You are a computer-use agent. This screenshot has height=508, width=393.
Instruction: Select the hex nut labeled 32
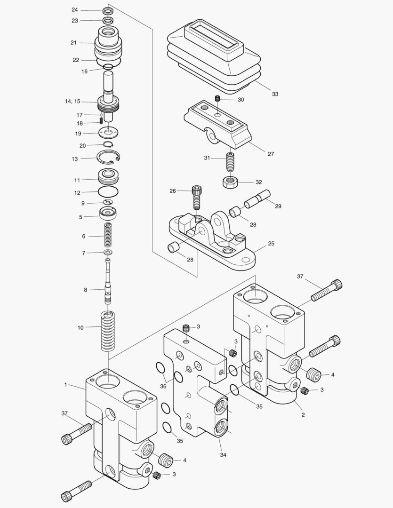pyautogui.click(x=230, y=181)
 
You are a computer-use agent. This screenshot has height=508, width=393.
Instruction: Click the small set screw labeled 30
pyautogui.click(x=217, y=99)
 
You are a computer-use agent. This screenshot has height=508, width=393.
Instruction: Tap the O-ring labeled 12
pyautogui.click(x=108, y=191)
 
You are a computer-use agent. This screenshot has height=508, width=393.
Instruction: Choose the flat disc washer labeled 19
pyautogui.click(x=108, y=133)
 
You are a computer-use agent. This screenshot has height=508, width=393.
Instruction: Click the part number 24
pyautogui.click(x=75, y=10)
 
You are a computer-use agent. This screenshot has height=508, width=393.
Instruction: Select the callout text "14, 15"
pyautogui.click(x=72, y=101)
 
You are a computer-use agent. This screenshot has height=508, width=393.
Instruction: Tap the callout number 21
pyautogui.click(x=73, y=43)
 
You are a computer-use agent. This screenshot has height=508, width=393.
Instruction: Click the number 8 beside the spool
pyautogui.click(x=86, y=290)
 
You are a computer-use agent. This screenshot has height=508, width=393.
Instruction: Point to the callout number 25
pyautogui.click(x=271, y=244)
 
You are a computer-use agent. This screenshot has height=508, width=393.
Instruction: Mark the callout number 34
pyautogui.click(x=223, y=455)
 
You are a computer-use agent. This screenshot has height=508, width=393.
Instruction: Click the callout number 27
pyautogui.click(x=271, y=154)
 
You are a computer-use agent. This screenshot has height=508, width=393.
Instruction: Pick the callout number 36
pyautogui.click(x=163, y=386)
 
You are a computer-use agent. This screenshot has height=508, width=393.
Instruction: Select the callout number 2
pyautogui.click(x=303, y=415)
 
